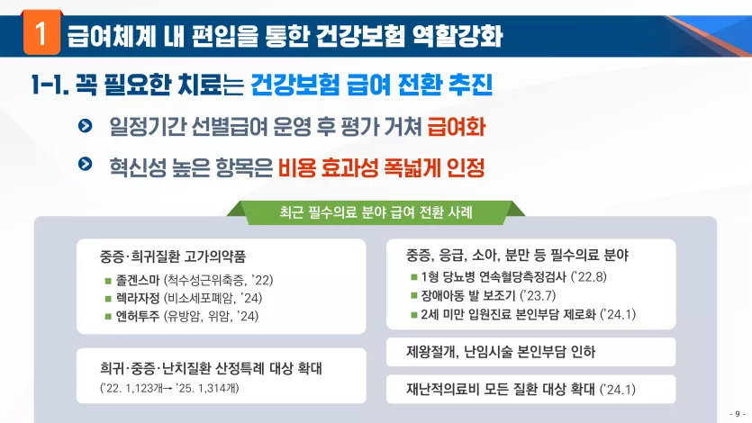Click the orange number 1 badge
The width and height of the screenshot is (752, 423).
pyautogui.click(x=41, y=33)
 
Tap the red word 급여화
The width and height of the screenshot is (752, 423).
pyautogui.click(x=456, y=127)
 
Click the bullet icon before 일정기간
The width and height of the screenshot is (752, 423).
pyautogui.click(x=85, y=126)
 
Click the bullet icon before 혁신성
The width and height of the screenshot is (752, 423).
pyautogui.click(x=85, y=164)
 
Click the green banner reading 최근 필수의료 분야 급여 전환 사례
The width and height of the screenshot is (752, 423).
pyautogui.click(x=376, y=212)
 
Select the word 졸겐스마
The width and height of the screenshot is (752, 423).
pyautogui.click(x=138, y=280)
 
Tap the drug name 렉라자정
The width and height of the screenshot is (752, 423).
pyautogui.click(x=138, y=298)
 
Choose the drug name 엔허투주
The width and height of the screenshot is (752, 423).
pyautogui.click(x=138, y=316)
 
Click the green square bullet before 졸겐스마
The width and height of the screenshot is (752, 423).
pyautogui.click(x=108, y=281)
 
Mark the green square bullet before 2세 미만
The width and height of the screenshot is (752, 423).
pyautogui.click(x=414, y=315)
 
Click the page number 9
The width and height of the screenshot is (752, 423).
pyautogui.click(x=737, y=414)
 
